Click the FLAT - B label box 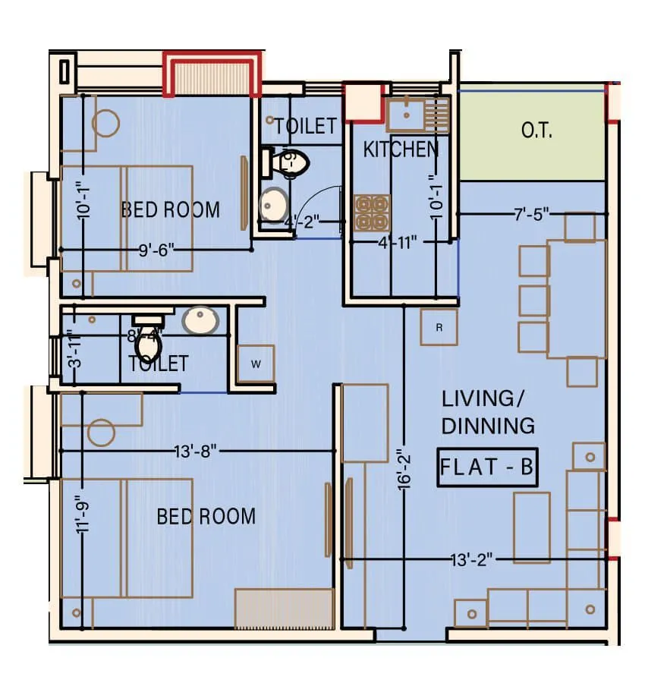(488, 467)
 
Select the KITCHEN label (401, 150)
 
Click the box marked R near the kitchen (439, 327)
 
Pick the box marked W (256, 364)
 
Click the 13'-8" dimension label (196, 452)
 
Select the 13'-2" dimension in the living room (471, 560)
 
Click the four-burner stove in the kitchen (372, 212)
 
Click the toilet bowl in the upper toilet (289, 162)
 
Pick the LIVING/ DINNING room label (488, 412)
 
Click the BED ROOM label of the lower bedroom (206, 517)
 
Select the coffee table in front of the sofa (531, 527)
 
